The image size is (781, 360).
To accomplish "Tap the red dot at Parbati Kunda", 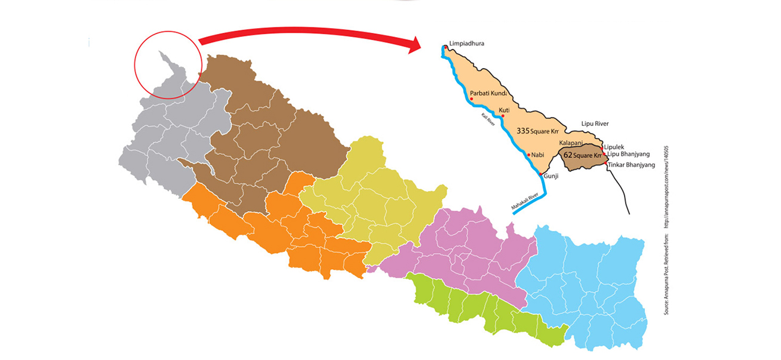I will coord(472,99).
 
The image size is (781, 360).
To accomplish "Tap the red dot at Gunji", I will coord(541,174).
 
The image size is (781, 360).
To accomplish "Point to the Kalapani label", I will coord(571,143).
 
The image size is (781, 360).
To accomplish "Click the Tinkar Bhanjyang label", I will coord(631,164).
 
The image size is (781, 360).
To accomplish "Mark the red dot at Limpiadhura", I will coord(445,45).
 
